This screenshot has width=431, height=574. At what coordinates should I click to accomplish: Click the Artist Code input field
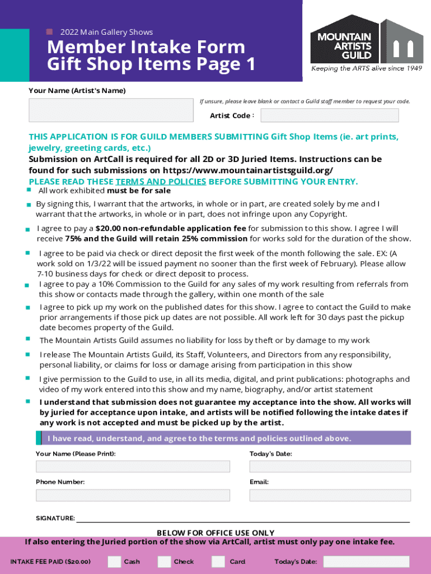click(x=330, y=115)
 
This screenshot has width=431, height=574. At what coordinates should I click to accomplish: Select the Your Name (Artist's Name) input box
click(x=111, y=110)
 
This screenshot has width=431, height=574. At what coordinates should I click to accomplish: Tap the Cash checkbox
click(x=114, y=562)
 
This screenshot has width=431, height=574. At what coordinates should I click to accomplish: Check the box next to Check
click(x=164, y=562)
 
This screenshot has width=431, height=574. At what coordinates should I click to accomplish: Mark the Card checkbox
click(x=218, y=562)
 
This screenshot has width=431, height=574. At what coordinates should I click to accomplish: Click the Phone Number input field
click(x=133, y=495)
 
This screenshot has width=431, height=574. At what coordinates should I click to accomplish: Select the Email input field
click(x=330, y=495)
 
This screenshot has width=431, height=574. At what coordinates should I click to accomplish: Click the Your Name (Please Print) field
click(x=133, y=466)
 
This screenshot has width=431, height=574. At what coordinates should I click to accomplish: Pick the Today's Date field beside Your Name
click(x=330, y=466)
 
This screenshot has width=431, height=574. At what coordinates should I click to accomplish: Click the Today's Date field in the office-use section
click(x=366, y=562)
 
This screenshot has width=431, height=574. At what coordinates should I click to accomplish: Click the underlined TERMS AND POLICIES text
click(x=161, y=182)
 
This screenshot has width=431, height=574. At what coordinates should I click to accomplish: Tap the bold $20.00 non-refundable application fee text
click(x=171, y=228)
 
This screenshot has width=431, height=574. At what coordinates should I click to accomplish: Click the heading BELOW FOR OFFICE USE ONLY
click(x=215, y=533)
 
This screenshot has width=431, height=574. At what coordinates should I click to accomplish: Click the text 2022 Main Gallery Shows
click(x=106, y=32)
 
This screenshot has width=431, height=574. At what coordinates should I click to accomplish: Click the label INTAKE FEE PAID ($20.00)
click(x=50, y=562)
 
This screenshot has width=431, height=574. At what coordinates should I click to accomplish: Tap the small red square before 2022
click(x=49, y=32)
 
